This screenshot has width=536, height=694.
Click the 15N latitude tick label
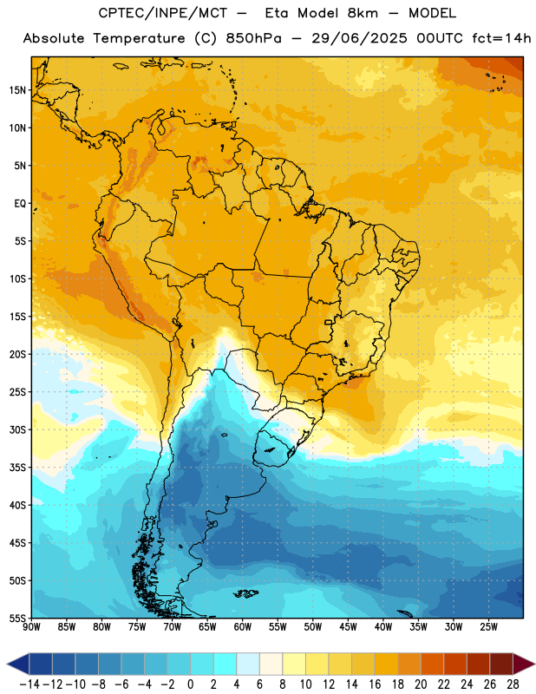17,90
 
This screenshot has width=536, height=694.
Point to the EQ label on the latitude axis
20,204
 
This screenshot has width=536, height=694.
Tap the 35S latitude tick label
17,468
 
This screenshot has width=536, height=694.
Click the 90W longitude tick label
31,626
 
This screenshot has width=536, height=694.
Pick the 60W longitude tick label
243,626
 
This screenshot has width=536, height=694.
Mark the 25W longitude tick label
488,626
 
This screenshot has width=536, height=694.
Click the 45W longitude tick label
348,626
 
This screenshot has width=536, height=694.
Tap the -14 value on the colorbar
29,684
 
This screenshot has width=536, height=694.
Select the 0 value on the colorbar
191,684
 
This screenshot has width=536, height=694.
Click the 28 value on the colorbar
513,684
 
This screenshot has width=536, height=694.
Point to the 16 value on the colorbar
375,684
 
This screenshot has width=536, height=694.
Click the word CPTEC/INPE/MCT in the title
163,13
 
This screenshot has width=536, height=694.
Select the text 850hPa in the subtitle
253,38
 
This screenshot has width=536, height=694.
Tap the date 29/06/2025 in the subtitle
359,38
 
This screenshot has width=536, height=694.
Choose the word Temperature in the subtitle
139,38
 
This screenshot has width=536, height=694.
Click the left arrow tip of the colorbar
7,665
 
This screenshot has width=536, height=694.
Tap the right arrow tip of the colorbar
534,665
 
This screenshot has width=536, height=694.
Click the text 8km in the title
363,13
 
